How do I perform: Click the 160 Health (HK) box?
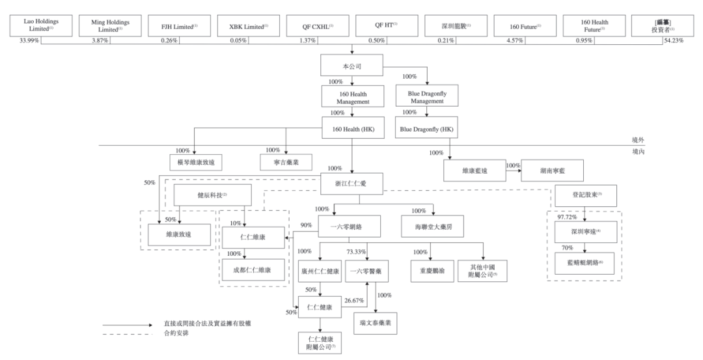351,128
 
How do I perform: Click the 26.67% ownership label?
354,300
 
